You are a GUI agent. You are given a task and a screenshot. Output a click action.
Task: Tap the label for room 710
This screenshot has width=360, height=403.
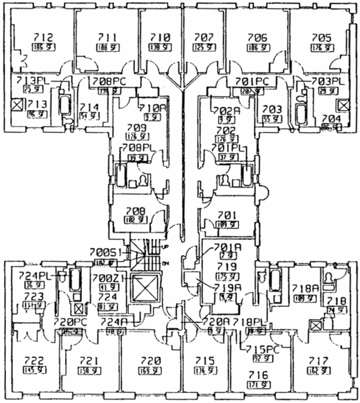click(159, 38)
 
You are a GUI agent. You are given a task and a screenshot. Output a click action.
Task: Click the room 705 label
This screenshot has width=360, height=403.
click(321, 38)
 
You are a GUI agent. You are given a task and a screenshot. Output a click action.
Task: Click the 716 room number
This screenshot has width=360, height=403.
click(259, 375)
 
